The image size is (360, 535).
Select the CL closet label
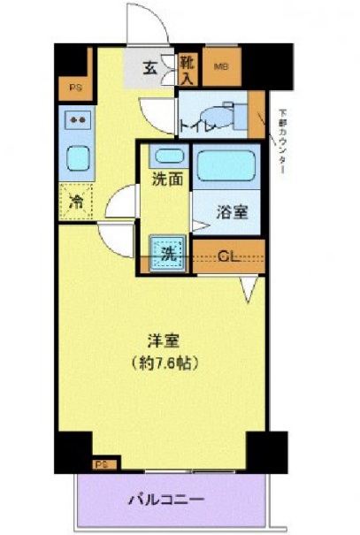[227, 257]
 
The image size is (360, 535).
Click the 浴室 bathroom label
[233, 213]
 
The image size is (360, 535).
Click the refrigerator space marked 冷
[76, 201]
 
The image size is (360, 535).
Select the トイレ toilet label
[197, 126]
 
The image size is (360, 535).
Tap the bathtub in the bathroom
[226, 164]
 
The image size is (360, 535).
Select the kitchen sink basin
[77, 160]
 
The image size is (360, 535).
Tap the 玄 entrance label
[151, 66]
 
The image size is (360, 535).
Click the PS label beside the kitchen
[73, 87]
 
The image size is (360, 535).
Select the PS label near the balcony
[103, 462]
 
